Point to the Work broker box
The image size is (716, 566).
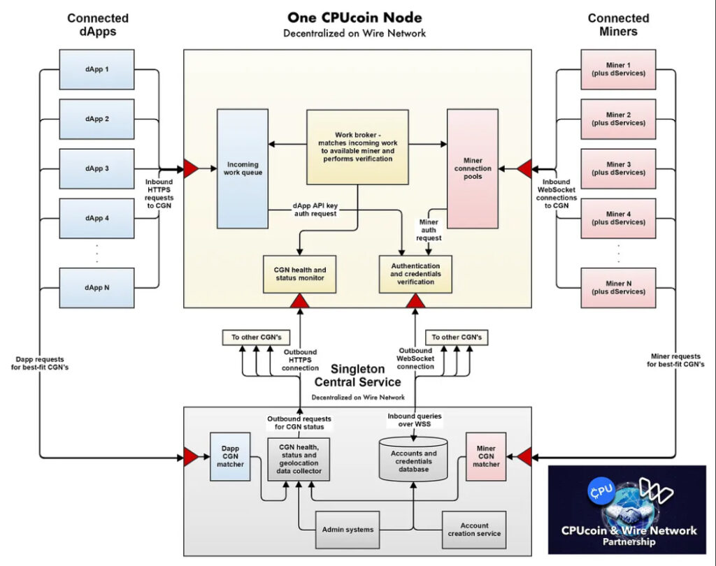tap(357, 147)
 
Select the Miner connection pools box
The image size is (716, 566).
tap(473, 168)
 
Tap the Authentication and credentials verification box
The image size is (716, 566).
tap(415, 274)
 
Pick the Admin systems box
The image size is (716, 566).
tap(348, 530)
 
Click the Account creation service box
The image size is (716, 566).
tap(475, 530)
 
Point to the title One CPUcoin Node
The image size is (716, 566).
tap(355, 17)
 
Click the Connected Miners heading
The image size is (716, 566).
tap(618, 25)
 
